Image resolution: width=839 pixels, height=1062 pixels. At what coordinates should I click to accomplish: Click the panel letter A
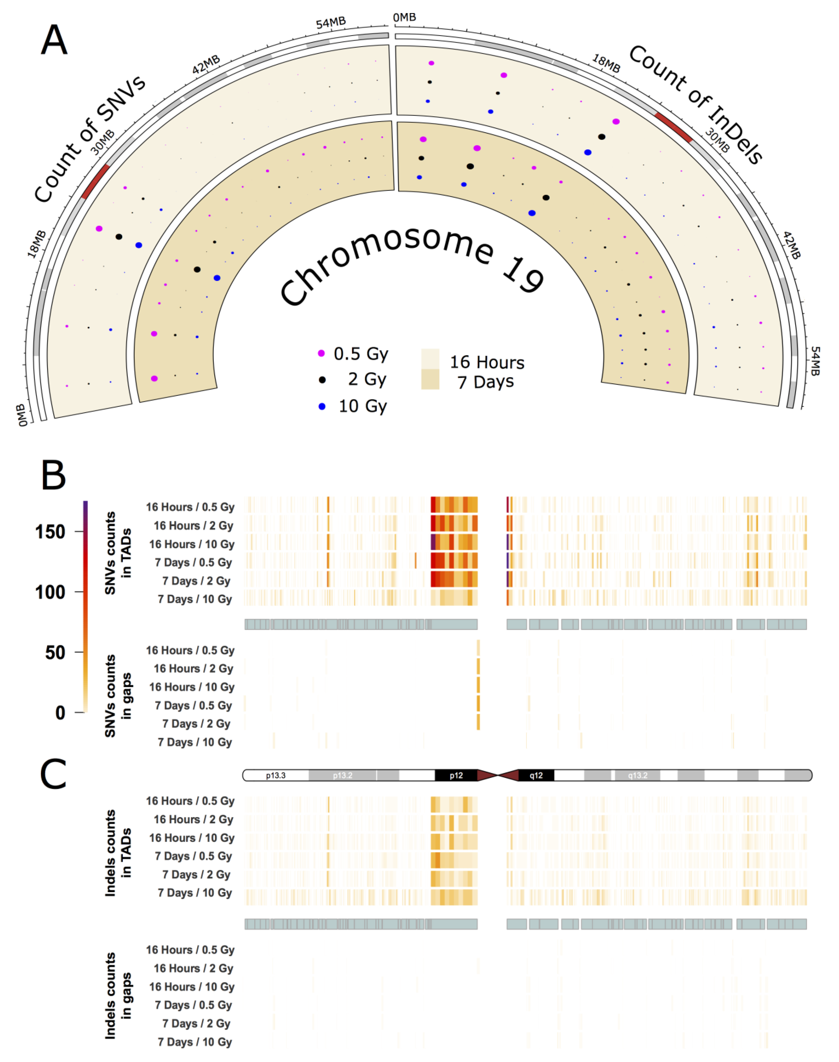tap(54, 40)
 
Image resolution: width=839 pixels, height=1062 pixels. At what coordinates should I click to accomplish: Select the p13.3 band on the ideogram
tap(276, 775)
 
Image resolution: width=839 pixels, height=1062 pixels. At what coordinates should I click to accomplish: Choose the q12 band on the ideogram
tap(536, 775)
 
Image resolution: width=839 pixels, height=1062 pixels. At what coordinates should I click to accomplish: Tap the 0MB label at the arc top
tap(404, 18)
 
